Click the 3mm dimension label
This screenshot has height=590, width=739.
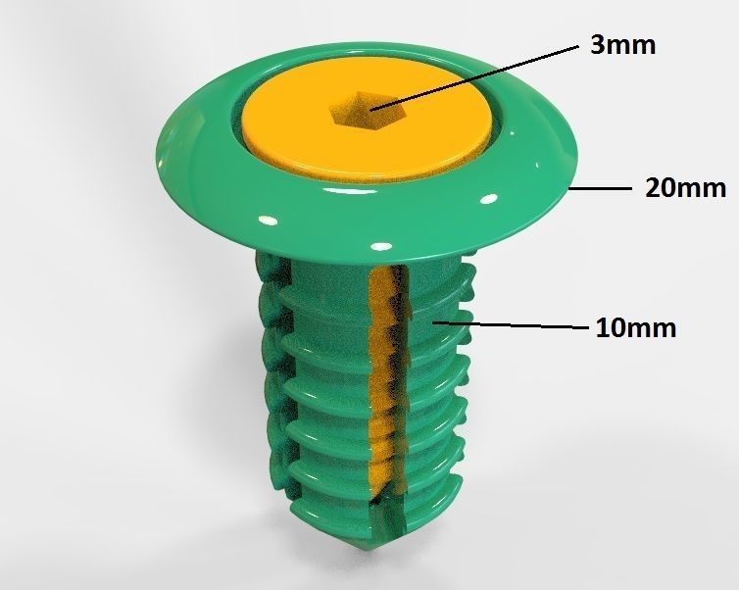622,45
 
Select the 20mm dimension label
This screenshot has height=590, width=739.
685,187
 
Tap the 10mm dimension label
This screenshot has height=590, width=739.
636,327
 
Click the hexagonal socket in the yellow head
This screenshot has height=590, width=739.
363,110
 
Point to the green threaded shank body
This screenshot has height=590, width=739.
314,392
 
